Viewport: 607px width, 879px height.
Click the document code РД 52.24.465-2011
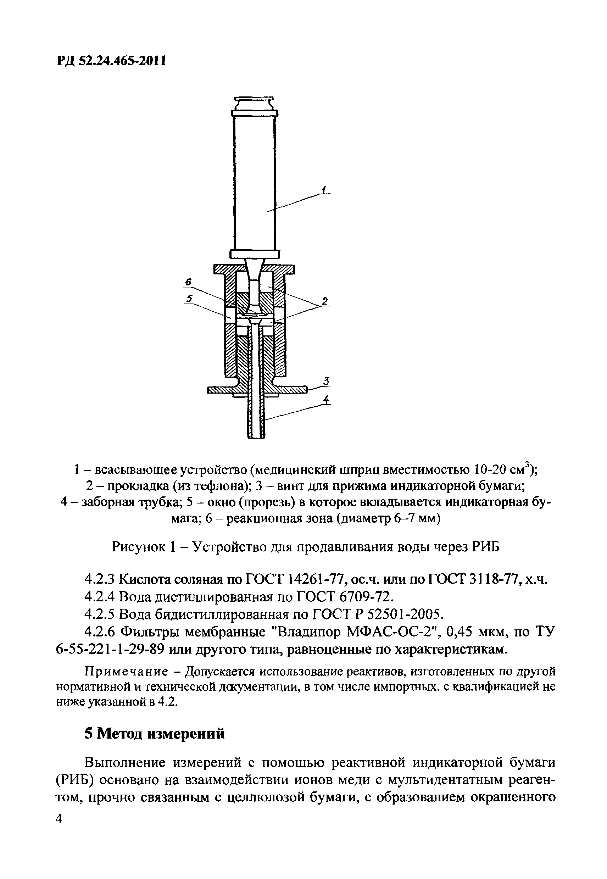tap(111, 61)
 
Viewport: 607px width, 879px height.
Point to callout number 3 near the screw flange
tap(326, 381)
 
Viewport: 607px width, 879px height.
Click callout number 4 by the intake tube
tap(326, 400)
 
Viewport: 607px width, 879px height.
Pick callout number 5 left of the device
tap(189, 299)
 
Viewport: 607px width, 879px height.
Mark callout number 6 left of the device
tap(188, 282)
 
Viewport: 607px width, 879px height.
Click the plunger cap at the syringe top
tap(254, 104)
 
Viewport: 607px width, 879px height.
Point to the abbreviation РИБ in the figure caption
tap(486, 547)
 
